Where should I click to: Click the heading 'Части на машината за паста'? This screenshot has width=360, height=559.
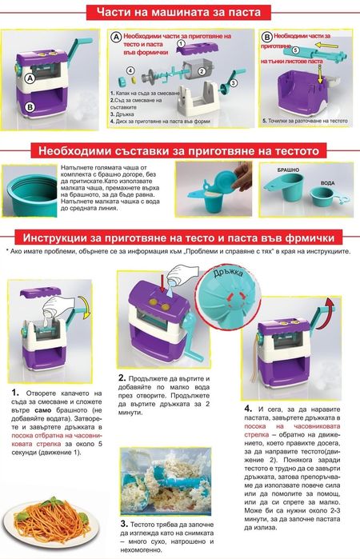tap(180, 13)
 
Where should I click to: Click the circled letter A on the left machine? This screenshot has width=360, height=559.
tap(30, 79)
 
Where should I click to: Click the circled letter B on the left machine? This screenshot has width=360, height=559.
tap(29, 106)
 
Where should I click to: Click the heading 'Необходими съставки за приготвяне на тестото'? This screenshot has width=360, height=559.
tap(181, 151)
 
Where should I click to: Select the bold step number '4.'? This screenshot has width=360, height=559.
tap(249, 407)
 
